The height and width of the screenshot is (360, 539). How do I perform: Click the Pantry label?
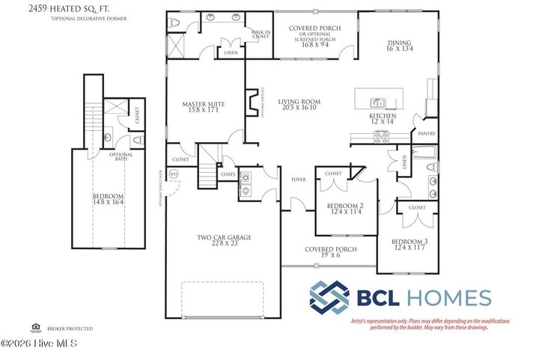click(427, 134)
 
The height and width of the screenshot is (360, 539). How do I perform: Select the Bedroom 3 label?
click(409, 243)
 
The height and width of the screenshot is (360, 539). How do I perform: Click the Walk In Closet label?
click(260, 34)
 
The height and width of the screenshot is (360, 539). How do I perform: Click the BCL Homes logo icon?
click(330, 298)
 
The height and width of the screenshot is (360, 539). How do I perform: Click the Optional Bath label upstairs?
click(121, 158)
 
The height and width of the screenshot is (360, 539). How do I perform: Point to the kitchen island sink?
click(380, 103)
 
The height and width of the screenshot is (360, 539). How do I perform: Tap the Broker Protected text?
click(70, 329)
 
